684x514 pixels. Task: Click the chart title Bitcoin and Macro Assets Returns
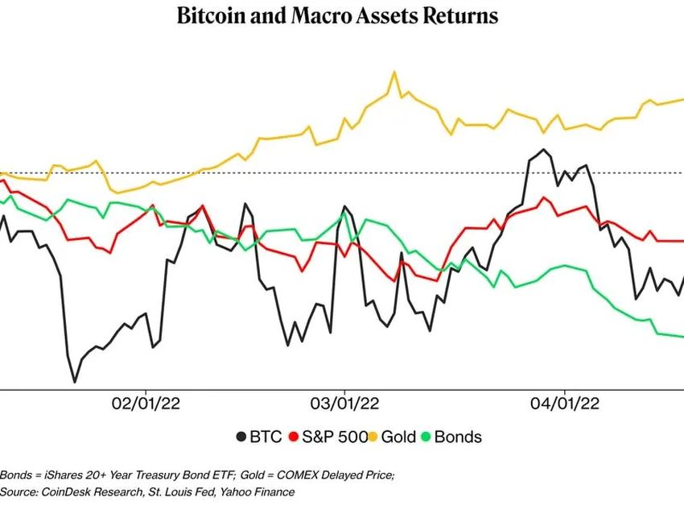click(x=341, y=15)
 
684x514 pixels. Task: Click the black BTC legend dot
click(x=241, y=437)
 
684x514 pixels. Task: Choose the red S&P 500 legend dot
click(x=295, y=437)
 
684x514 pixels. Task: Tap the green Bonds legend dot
click(x=427, y=437)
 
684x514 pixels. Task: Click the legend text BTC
click(x=266, y=437)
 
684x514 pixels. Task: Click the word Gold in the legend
click(x=398, y=437)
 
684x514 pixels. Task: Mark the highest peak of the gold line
click(x=394, y=73)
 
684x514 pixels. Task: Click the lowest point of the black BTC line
click(x=75, y=381)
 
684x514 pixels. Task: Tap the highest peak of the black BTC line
click(x=545, y=150)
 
